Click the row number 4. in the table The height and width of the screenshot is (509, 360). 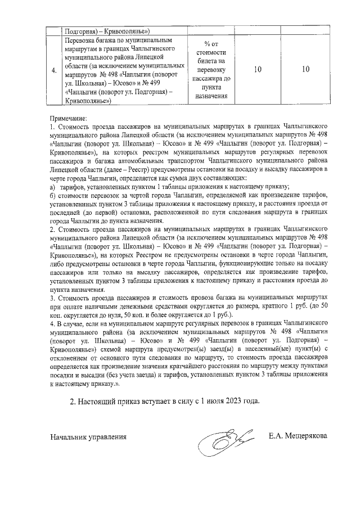(53, 71)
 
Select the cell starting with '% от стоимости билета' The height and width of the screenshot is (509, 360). (208, 70)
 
